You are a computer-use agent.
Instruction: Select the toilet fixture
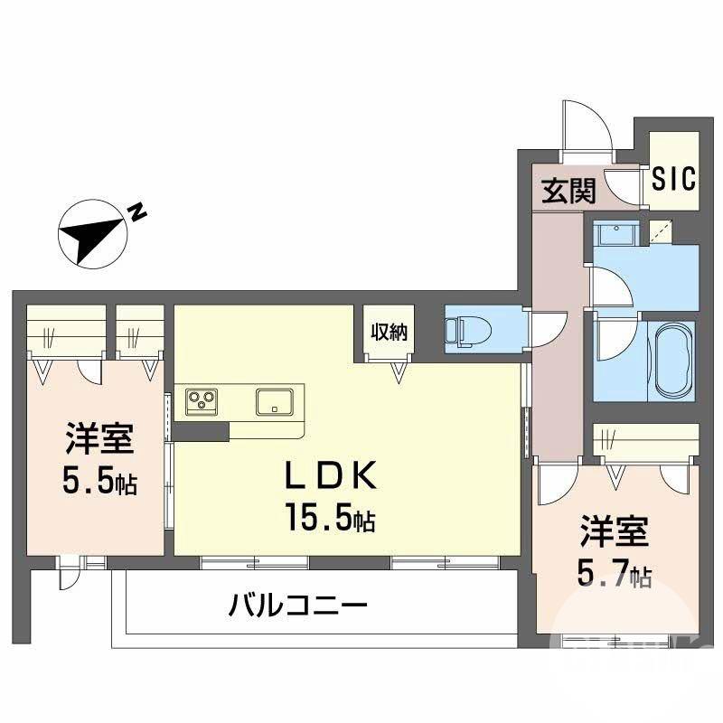[469, 330]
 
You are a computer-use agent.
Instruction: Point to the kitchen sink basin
[275, 401]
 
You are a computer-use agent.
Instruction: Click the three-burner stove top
[202, 401]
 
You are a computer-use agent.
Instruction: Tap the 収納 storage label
[390, 332]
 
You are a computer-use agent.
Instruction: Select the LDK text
[331, 475]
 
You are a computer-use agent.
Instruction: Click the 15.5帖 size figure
[330, 518]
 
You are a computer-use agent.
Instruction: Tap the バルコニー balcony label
[298, 606]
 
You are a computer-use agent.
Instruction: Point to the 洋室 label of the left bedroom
[99, 438]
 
